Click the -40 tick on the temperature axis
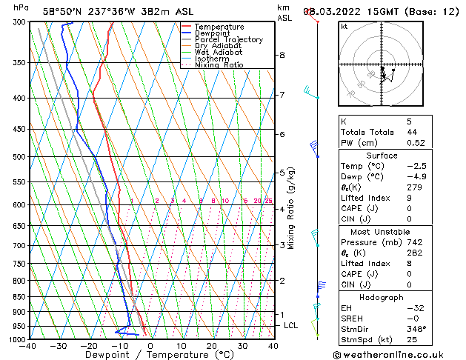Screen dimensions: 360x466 29,346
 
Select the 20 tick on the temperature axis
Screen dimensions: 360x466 212,346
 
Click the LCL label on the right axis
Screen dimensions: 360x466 291,325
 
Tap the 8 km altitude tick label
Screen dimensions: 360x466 282,56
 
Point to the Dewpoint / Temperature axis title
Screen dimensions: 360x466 150,355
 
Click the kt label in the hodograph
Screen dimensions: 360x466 344,26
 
